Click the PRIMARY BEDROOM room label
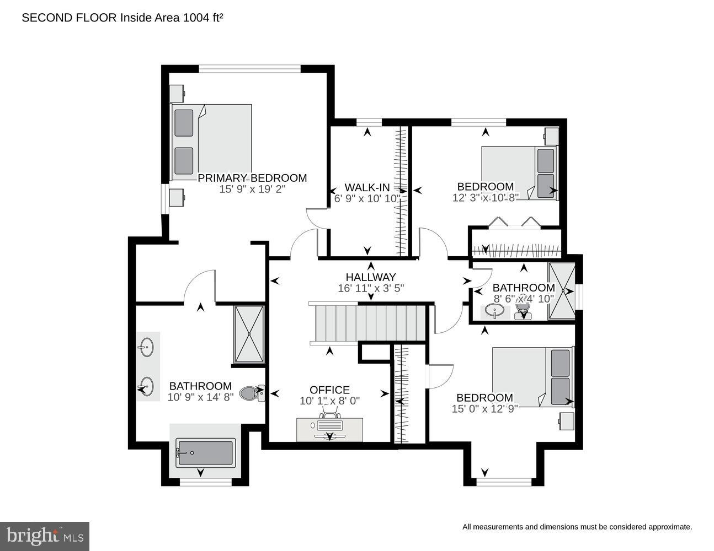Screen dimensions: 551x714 pos(252,178)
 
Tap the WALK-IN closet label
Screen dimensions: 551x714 pos(367,187)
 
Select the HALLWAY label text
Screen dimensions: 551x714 pos(371,277)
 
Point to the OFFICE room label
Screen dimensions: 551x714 pos(329,390)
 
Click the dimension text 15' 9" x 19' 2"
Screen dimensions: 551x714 pos(252,189)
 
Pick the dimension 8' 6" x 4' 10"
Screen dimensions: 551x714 pos(523,299)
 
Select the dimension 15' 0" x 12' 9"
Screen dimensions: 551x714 pos(484,409)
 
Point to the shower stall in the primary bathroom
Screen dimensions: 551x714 pos(249,334)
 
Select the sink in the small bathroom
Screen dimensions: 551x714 pos(494,311)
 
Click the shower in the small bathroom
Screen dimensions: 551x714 pos(561,291)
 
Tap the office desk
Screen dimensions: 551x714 pos(329,429)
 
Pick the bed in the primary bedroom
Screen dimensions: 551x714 pos(212,142)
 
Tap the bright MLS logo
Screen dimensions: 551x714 pos(45,536)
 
